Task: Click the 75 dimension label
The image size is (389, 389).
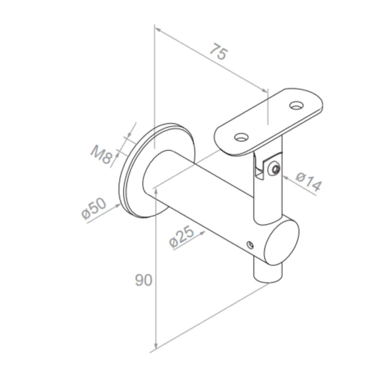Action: click(x=218, y=52)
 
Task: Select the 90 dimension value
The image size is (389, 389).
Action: click(x=143, y=281)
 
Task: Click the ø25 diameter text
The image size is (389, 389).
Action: click(x=182, y=237)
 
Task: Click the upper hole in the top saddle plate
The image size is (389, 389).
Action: click(x=296, y=105)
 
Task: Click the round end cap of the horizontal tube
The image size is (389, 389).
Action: click(x=283, y=243)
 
